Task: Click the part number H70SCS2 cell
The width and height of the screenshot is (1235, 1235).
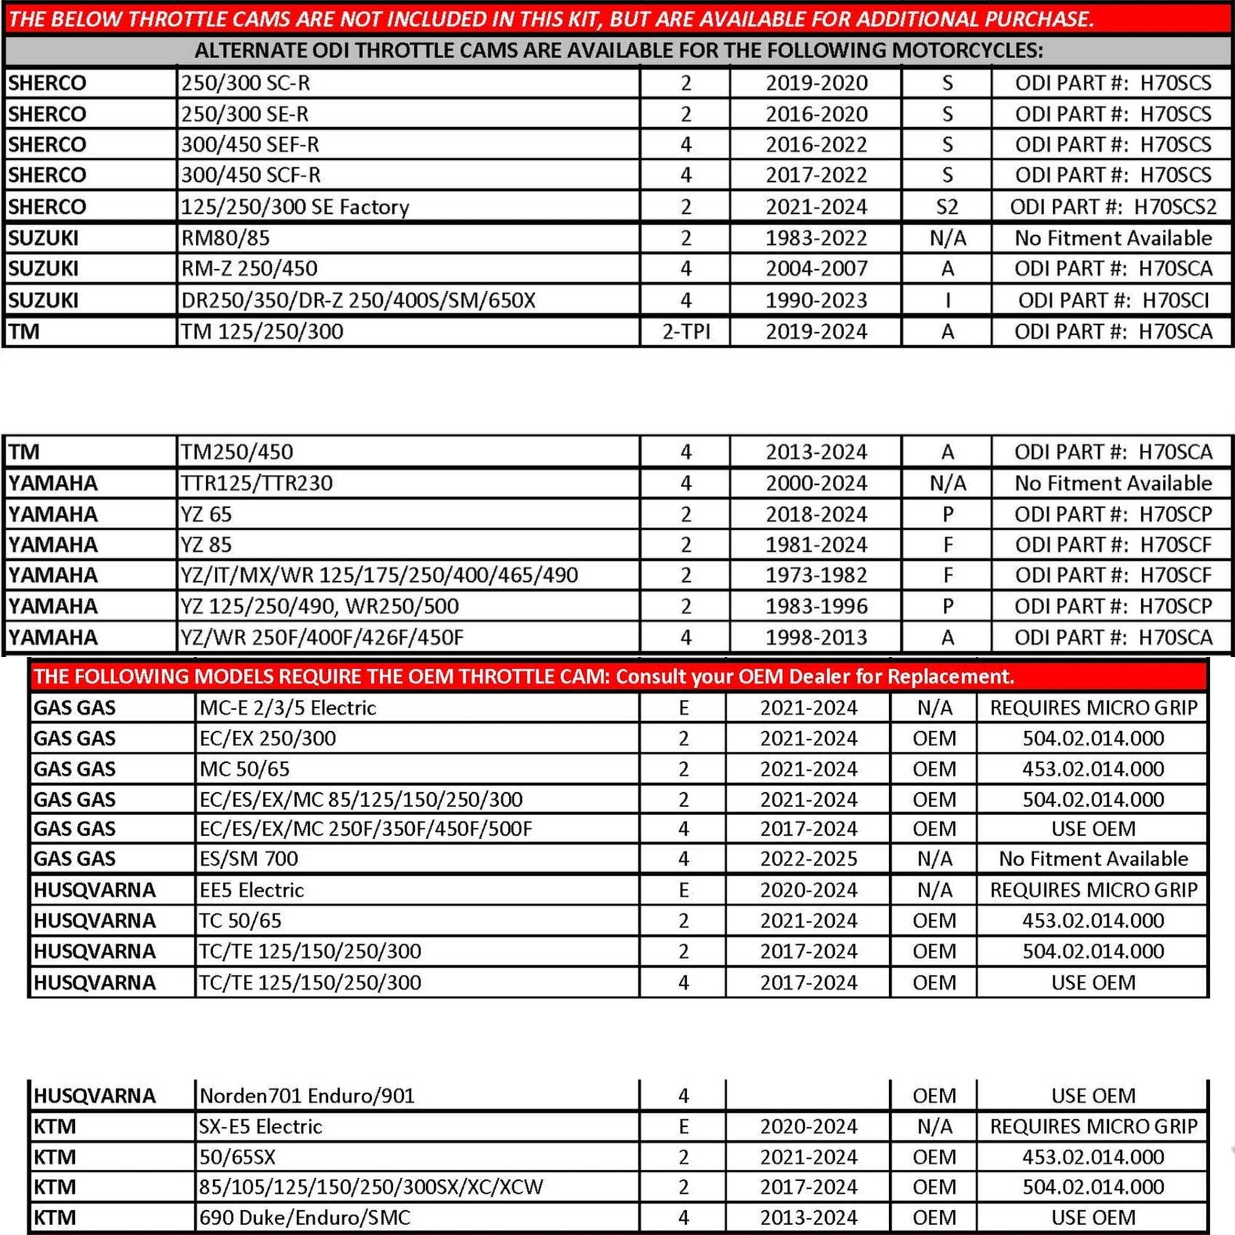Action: tap(1112, 207)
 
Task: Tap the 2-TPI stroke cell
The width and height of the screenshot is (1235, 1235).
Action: tap(685, 332)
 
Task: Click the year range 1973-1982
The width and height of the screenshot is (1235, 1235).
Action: tap(816, 576)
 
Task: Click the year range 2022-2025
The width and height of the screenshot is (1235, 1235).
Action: tap(809, 858)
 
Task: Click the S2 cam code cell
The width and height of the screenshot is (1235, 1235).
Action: tap(947, 207)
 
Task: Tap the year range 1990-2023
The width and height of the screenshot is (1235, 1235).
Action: tap(816, 301)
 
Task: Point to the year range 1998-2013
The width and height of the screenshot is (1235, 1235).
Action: tap(816, 637)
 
